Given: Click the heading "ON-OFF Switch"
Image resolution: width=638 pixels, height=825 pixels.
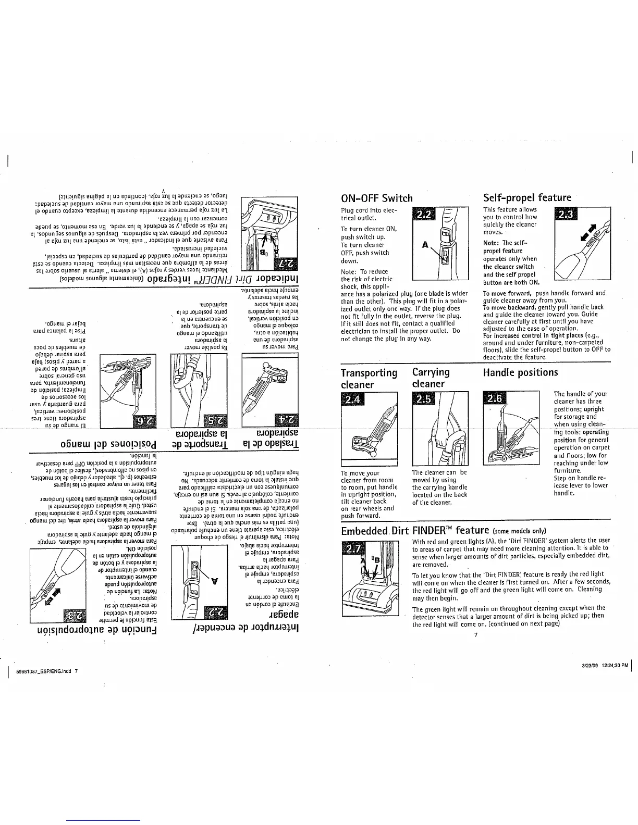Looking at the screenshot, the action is [376, 198].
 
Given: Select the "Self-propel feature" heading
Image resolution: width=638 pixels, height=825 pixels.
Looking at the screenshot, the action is [527, 197].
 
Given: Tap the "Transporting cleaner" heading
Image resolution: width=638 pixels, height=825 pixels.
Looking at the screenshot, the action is [369, 378].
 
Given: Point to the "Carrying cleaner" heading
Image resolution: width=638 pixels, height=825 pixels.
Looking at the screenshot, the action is [429, 378].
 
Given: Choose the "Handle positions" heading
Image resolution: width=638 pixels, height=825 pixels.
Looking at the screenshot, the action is [520, 372].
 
